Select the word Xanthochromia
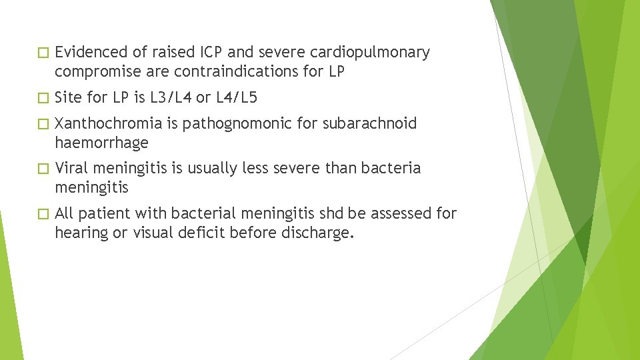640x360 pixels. [x=109, y=123]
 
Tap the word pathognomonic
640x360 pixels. [x=233, y=124]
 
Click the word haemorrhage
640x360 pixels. [x=101, y=143]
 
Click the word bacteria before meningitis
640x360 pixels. [x=389, y=168]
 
